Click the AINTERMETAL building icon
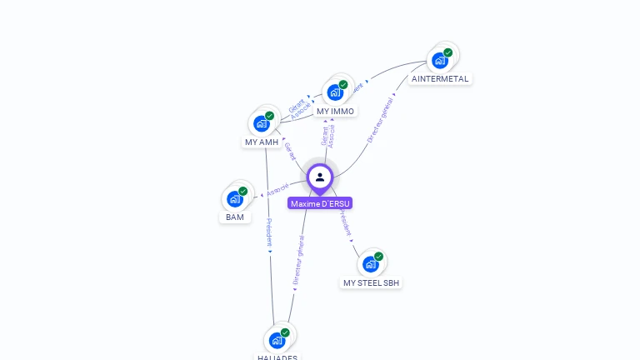(439, 61)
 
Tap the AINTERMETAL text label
(441, 79)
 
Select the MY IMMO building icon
(335, 92)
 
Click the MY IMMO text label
(336, 111)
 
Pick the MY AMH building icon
(262, 124)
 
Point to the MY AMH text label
(262, 142)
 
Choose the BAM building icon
(235, 199)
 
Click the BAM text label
(235, 217)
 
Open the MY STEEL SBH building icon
(371, 264)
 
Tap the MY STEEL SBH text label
(372, 283)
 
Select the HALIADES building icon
(277, 341)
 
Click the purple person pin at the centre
(320, 177)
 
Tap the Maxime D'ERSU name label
(321, 203)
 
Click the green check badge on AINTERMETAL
(448, 52)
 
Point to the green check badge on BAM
(243, 191)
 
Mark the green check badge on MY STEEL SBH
(379, 257)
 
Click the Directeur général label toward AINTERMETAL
(380, 119)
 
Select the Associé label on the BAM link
(277, 190)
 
